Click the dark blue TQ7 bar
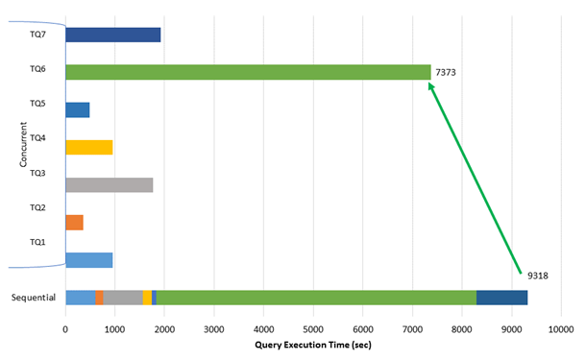pos(112,35)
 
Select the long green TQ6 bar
pos(248,72)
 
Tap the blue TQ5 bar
pos(77,109)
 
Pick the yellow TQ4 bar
pos(88,147)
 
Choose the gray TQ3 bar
pos(109,184)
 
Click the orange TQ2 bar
pos(74,223)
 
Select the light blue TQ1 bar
pos(88,259)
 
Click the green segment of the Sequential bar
pos(316,298)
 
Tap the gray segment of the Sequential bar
pos(123,298)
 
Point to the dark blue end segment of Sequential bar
pos(501,298)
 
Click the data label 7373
pos(447,72)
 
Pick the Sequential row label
pos(34,298)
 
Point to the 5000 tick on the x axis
pos(313,328)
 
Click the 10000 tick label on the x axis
pos(561,328)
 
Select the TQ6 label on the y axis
pos(38,69)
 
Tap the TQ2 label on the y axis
pos(38,207)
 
